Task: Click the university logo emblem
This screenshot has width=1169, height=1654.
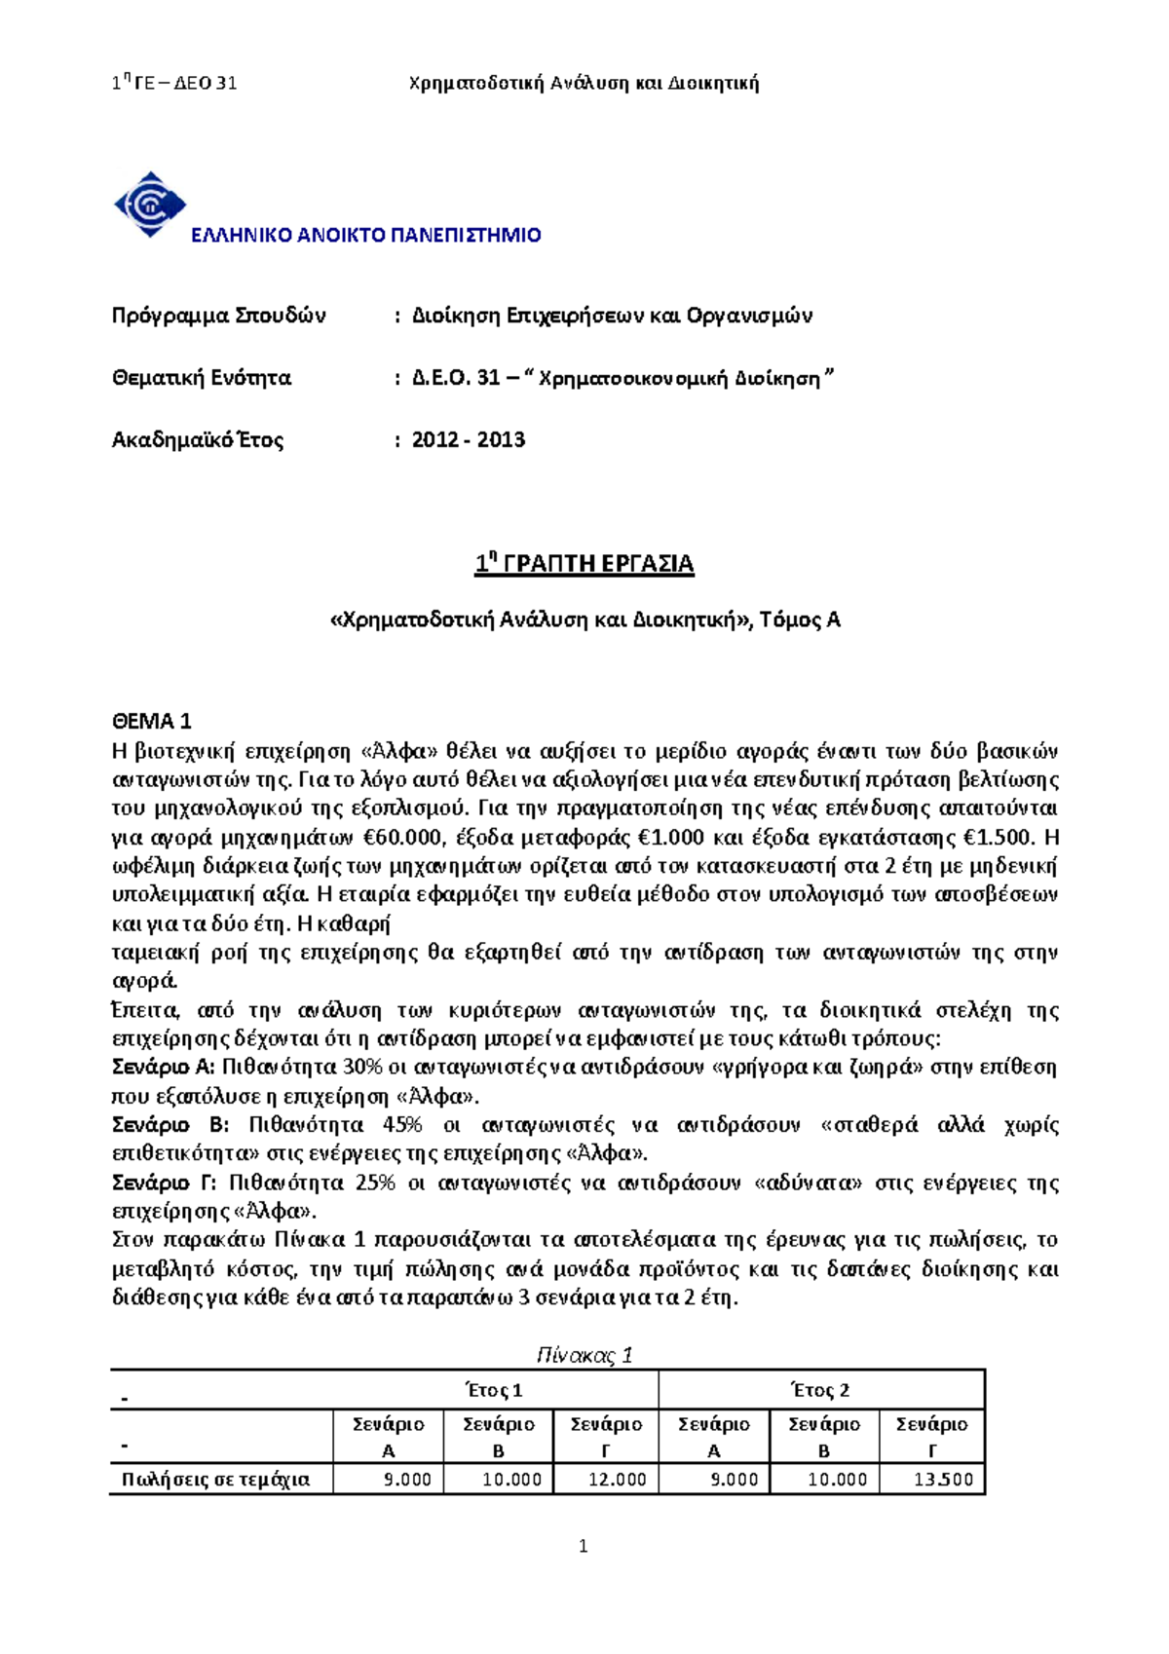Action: point(149,204)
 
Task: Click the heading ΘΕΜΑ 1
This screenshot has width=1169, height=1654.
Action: point(151,721)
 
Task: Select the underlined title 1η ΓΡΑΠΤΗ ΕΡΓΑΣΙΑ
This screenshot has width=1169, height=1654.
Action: point(584,564)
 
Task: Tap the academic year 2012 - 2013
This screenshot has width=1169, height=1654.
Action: point(469,439)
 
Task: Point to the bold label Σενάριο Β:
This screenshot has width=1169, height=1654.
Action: point(170,1125)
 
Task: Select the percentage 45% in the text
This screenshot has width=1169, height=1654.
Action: point(402,1125)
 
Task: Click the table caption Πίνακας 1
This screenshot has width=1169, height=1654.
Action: point(584,1355)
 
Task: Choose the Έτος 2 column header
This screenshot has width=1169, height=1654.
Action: point(820,1390)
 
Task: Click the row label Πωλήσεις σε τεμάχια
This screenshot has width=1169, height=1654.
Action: point(215,1480)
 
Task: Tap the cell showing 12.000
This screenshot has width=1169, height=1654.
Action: point(618,1480)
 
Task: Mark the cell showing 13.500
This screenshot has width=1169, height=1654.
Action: point(944,1480)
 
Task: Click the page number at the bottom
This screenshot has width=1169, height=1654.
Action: point(583,1546)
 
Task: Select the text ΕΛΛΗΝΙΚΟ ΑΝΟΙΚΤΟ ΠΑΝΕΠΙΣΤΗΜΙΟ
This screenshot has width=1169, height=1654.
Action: point(365,235)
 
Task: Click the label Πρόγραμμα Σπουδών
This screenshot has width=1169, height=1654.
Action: point(218,316)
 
